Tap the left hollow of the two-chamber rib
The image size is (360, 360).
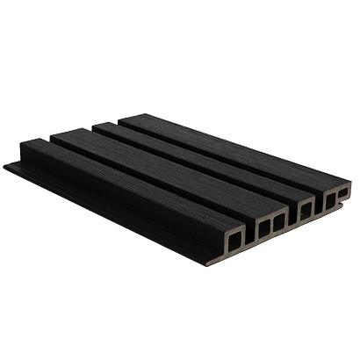click(263, 227)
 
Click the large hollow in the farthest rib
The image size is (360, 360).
click(328, 199)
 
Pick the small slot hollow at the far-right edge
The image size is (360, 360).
click(345, 191)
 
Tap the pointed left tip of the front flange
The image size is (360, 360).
click(7, 165)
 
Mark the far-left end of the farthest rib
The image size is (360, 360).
click(120, 117)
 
